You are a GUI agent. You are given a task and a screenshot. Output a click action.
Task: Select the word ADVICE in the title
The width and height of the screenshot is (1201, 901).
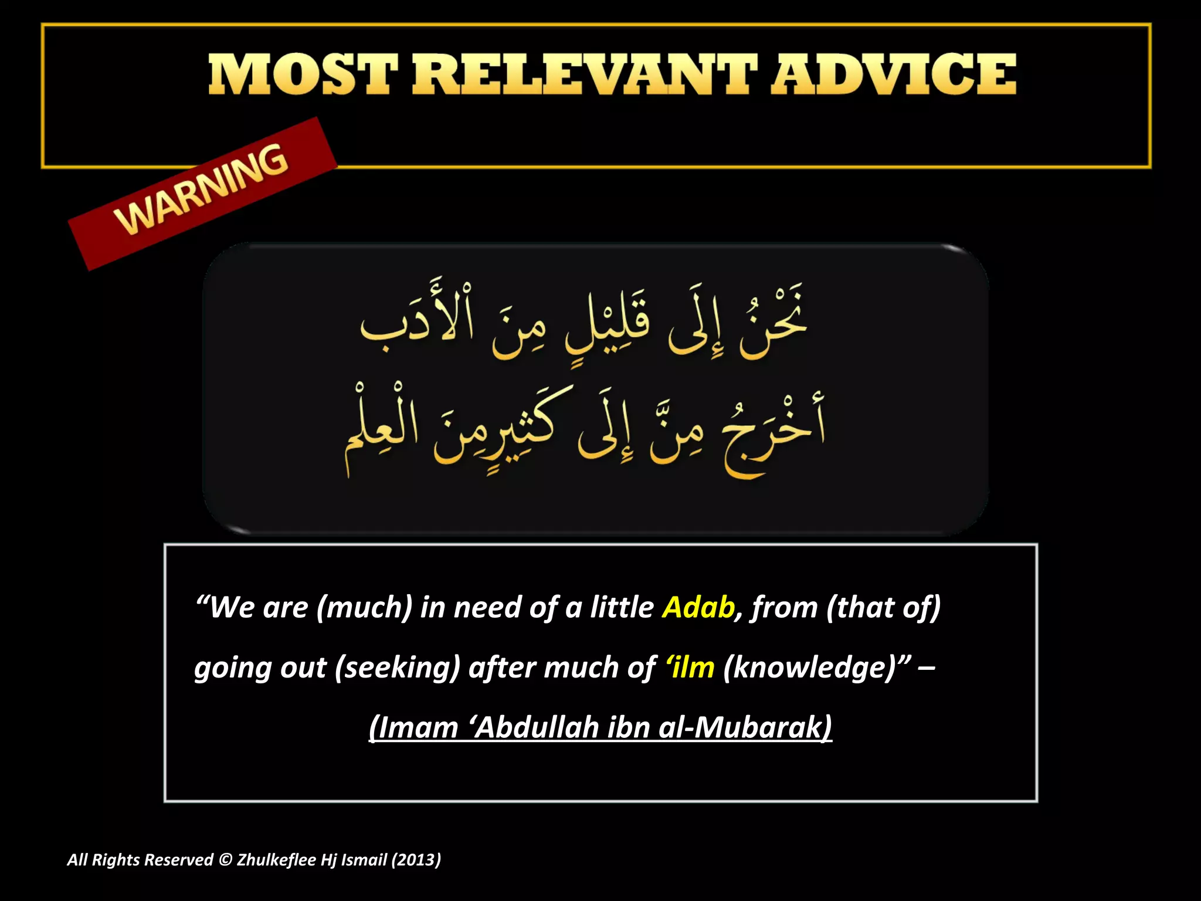coord(893,74)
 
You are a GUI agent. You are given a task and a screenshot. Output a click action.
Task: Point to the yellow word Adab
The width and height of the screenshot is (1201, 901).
coord(698,607)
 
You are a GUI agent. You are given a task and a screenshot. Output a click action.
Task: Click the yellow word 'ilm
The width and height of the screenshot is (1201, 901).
coord(690,668)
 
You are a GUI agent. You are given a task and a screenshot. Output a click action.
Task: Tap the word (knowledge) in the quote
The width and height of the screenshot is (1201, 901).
coord(810,668)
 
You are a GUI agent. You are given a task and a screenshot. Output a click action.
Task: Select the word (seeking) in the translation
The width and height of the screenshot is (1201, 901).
coord(397,668)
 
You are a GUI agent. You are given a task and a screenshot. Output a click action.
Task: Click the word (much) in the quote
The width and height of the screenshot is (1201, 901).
coord(364,607)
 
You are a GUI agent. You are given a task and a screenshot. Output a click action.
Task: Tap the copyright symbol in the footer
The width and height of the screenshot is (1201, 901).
coord(225,860)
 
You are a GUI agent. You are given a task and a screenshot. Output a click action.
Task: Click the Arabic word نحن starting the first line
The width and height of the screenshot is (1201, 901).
coord(773,323)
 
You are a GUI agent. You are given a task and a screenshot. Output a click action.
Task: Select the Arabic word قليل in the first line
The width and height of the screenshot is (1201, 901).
coord(607,326)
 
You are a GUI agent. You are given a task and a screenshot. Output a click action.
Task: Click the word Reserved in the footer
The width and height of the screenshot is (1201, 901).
coord(178,860)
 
